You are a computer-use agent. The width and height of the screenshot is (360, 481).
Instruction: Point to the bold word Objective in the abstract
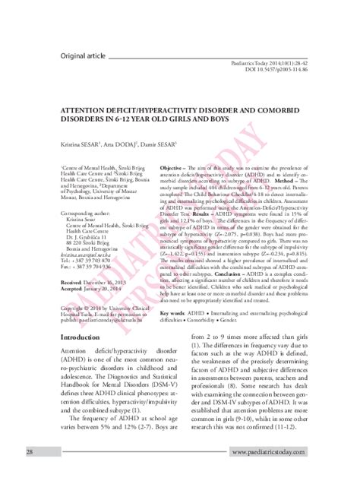click(174, 165)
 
